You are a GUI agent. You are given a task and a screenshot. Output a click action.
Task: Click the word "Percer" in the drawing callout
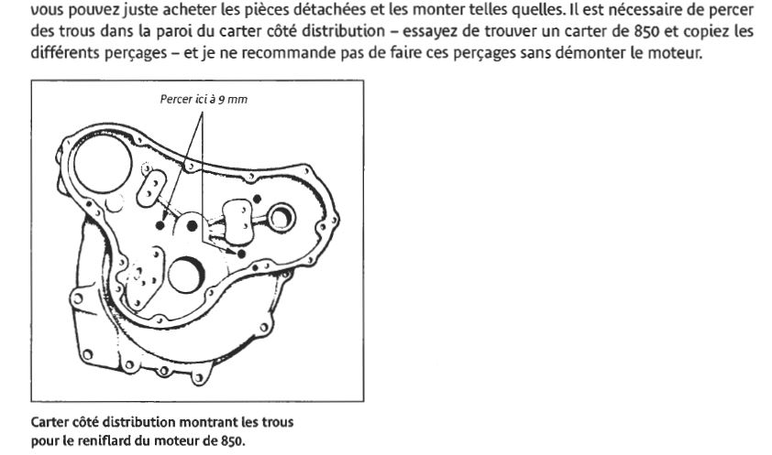pos(176,99)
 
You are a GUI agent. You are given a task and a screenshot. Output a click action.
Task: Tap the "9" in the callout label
pos(222,100)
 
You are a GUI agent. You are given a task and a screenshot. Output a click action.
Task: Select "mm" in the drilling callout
pos(237,100)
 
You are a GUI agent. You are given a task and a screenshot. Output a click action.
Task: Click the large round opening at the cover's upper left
pos(103,164)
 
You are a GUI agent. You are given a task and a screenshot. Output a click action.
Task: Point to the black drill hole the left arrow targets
pos(160,225)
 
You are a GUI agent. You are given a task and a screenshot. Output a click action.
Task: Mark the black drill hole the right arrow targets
pos(241,254)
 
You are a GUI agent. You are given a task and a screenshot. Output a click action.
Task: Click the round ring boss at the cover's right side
pos(281,218)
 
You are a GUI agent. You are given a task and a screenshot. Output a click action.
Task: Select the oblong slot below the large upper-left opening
pos(151,189)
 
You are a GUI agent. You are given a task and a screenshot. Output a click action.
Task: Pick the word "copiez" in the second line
pos(703,31)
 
